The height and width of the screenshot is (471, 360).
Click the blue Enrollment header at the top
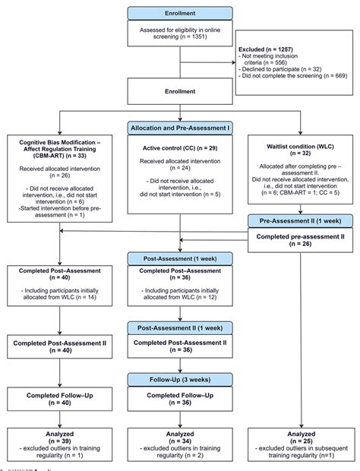point(180,13)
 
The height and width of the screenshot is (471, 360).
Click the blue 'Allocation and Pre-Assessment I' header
point(180,130)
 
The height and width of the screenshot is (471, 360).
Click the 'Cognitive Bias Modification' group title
point(58,147)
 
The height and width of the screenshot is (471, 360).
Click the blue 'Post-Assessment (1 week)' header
point(180,258)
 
